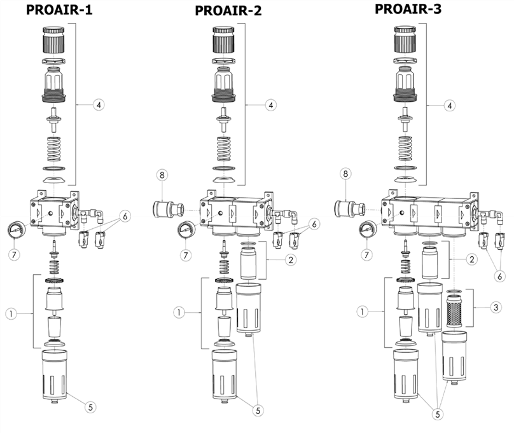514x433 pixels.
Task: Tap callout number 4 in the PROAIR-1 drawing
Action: point(98,104)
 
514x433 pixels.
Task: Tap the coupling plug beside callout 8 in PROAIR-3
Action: point(347,208)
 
